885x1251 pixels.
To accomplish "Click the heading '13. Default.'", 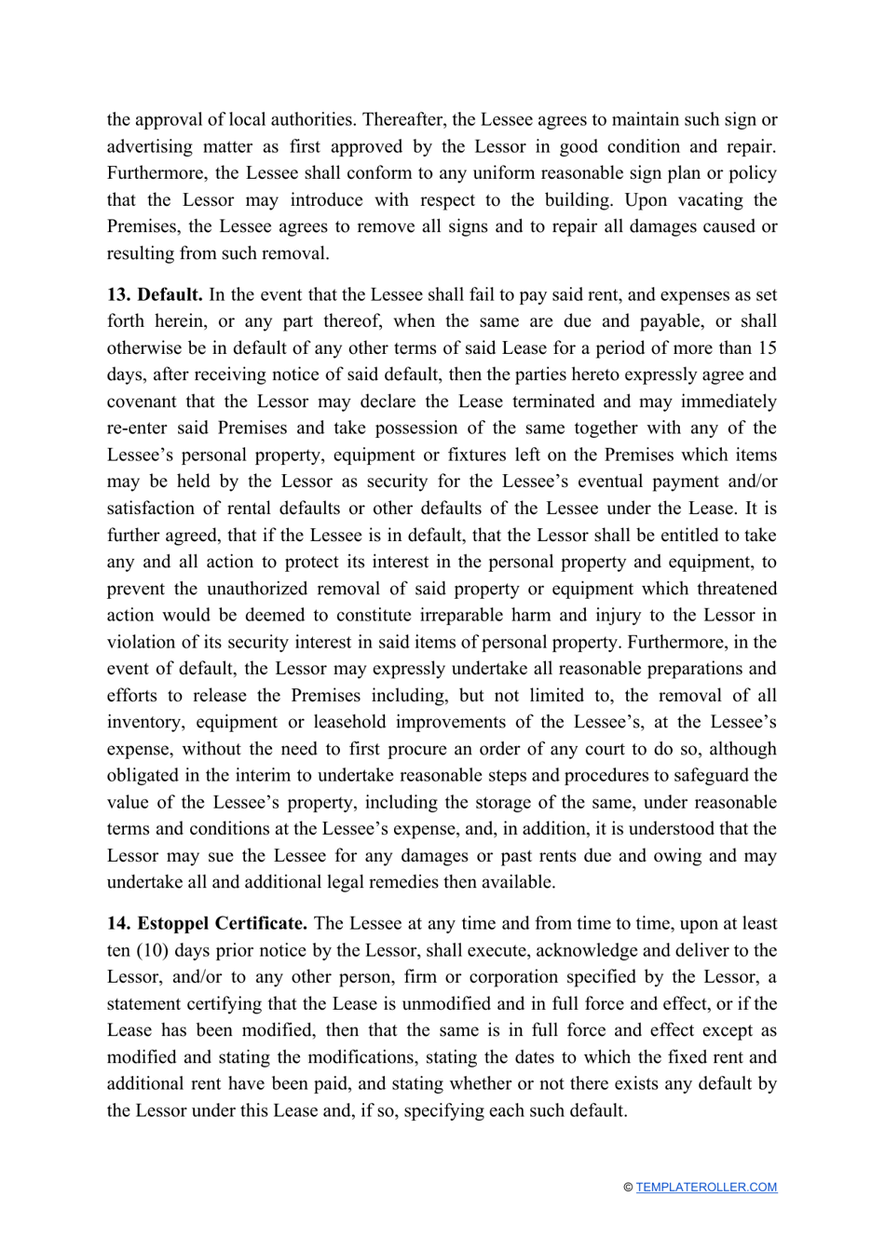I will tap(155, 295).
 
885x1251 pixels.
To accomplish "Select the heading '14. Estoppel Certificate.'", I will tap(207, 924).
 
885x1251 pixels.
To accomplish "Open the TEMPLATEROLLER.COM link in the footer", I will tap(706, 1188).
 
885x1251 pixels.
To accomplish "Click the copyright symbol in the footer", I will tap(628, 1188).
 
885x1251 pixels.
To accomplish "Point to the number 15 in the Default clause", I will tap(767, 348).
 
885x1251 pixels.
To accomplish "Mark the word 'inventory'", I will tap(143, 723).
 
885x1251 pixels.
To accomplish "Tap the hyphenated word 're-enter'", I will tap(136, 428).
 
